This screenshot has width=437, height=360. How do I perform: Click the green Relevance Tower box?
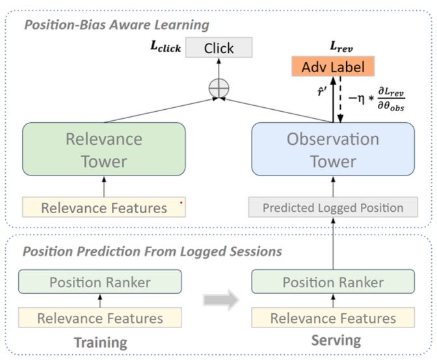104,149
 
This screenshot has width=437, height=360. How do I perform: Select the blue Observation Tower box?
333,149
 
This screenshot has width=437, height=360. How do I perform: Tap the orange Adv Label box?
333,66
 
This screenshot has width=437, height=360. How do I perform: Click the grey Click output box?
218,48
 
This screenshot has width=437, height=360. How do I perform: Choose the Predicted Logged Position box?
333,208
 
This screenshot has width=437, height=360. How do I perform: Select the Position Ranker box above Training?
99,283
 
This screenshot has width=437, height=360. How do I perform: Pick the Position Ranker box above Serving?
333,283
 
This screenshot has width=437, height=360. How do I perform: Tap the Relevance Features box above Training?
99,318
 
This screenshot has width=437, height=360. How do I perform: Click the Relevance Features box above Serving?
333,318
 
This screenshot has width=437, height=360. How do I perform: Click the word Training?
99,342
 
